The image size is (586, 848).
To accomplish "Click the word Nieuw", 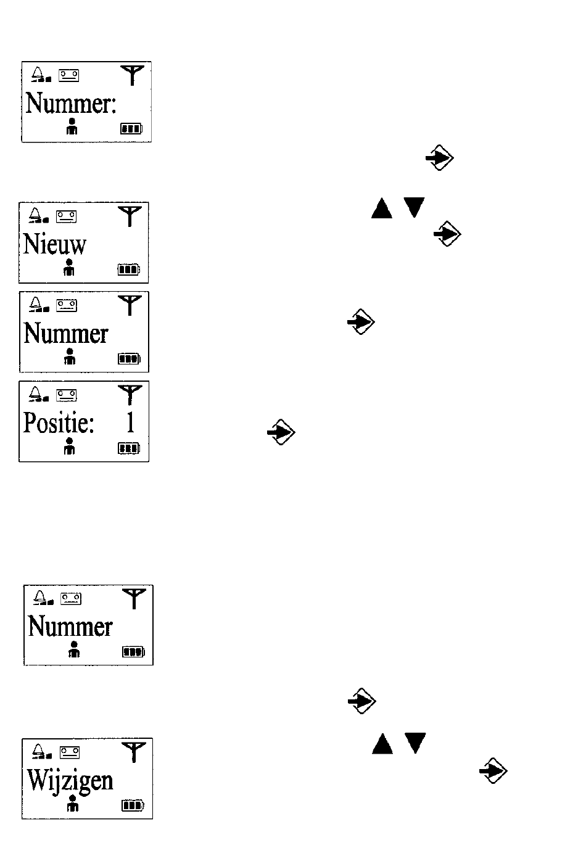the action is (55, 244).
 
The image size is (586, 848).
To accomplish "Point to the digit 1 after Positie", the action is (131, 422).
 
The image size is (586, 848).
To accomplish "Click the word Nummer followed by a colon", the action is (71, 103).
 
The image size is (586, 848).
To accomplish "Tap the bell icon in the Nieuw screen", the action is (39, 215).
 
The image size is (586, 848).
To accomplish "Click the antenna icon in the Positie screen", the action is (130, 395).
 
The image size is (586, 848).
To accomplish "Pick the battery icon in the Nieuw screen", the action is (129, 270).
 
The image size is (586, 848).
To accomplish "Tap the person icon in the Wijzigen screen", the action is (73, 804).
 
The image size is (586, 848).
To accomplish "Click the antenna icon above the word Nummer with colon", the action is (132, 75).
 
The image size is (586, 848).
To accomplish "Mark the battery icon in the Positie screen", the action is (129, 448).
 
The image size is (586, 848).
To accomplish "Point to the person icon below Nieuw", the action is (69, 267).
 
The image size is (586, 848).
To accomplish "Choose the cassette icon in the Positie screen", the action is (66, 395).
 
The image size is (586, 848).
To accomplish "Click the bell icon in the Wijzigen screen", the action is (42, 751).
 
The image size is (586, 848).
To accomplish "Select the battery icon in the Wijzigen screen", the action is (133, 805).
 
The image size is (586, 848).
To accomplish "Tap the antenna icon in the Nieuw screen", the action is (130, 216).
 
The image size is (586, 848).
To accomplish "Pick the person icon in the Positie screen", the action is (69, 446).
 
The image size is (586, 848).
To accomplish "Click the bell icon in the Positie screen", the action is (39, 393).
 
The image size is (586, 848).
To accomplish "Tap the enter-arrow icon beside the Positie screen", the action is (281, 432).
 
